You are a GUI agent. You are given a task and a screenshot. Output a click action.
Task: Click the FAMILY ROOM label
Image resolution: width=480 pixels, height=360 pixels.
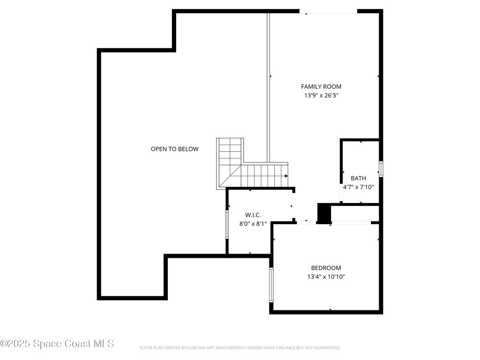click(321, 86)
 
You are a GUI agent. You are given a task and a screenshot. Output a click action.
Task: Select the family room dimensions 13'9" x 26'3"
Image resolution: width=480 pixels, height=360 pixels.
click(321, 95)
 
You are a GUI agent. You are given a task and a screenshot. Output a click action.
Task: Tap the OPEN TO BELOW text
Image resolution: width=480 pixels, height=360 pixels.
click(174, 149)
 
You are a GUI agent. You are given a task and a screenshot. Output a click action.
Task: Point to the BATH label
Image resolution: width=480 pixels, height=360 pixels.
click(359, 178)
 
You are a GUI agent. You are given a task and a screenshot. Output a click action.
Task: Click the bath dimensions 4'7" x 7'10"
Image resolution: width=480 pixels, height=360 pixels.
click(359, 187)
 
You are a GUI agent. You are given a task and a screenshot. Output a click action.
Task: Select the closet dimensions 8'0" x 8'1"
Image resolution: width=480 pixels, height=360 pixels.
click(253, 224)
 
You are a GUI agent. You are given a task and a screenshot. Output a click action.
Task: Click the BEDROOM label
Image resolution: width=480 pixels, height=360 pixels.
click(326, 268)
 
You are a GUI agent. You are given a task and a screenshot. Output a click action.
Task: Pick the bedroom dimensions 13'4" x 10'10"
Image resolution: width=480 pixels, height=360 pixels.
click(326, 277)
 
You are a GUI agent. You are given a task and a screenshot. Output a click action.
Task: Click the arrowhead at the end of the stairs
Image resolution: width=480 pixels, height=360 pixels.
click(286, 176)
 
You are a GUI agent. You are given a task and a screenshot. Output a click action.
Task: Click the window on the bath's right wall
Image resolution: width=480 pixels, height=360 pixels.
click(381, 169)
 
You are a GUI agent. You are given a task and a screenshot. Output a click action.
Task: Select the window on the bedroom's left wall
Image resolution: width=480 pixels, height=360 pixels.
click(271, 285)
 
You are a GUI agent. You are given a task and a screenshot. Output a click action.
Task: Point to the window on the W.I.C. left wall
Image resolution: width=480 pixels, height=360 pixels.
click(227, 225)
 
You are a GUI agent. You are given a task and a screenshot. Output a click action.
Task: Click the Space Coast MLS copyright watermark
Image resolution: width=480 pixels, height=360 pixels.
click(57, 344)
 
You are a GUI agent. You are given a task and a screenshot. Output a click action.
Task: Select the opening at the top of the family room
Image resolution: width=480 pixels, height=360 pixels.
click(328, 12)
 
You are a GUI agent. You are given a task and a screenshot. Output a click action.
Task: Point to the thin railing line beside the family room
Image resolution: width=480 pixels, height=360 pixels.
click(269, 84)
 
